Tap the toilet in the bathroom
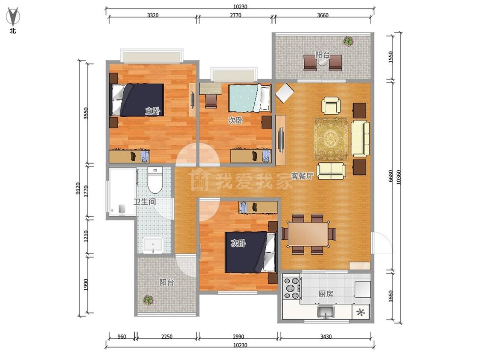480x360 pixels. [155, 180]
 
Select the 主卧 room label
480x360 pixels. [152, 110]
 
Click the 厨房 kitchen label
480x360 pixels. [326, 294]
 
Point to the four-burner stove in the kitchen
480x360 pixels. [291, 287]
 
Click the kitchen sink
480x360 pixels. [326, 312]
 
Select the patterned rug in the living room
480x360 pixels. [331, 139]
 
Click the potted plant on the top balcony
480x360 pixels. [348, 41]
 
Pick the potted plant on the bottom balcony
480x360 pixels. [148, 300]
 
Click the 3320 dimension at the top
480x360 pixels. [153, 15]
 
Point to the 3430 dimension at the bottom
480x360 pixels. [326, 337]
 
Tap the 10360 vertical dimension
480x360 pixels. [398, 177]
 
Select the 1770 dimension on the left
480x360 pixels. [86, 192]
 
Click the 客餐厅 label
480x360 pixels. [302, 176]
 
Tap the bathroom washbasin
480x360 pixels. [152, 245]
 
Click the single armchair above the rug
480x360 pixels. [331, 106]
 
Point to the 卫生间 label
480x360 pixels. [145, 202]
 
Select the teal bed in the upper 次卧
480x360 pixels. [250, 98]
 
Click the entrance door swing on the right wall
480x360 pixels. [381, 243]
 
